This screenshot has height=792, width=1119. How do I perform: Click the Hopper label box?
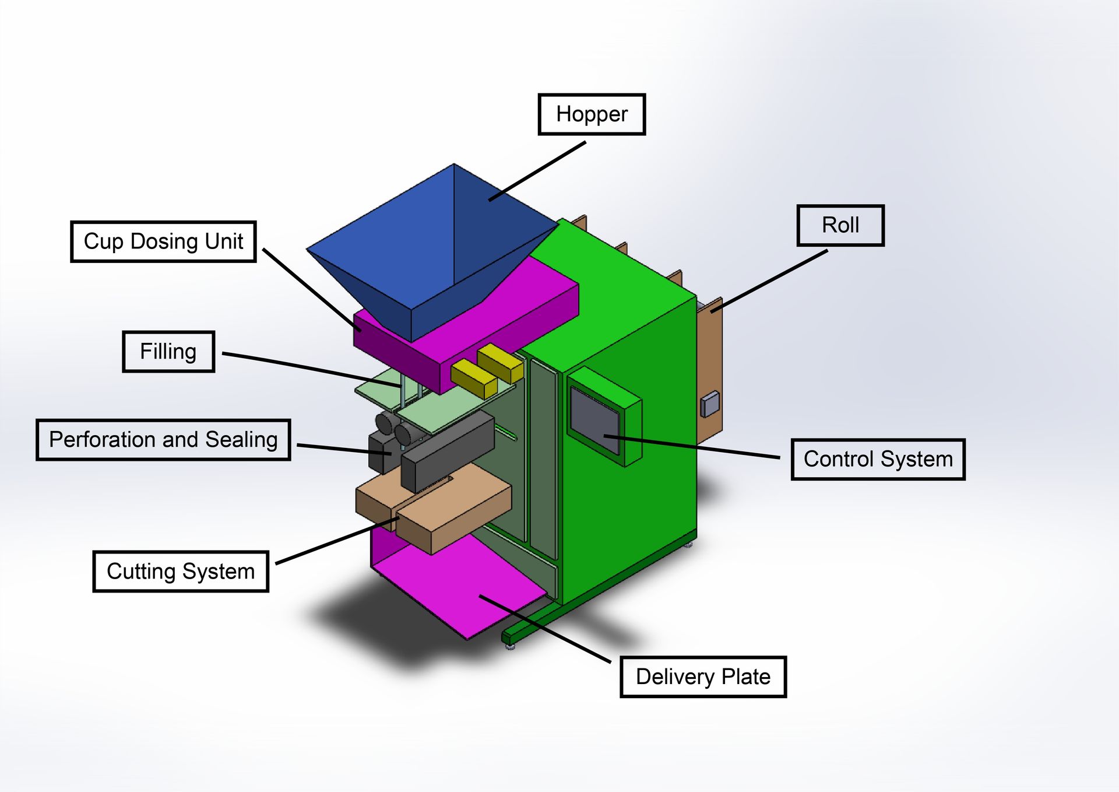pos(592,114)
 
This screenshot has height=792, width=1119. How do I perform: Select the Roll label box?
pos(840,225)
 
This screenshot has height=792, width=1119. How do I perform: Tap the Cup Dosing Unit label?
pos(163,241)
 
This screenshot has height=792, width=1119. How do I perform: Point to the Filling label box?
pos(168,352)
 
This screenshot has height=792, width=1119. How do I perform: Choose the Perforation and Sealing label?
pos(163,440)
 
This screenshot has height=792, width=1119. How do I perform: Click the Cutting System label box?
pos(181,572)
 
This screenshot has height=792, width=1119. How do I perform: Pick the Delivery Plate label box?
pos(703,677)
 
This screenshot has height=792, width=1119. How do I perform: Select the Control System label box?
pos(878,459)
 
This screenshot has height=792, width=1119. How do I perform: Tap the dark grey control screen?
pos(594,420)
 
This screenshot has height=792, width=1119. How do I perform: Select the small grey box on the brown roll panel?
pos(710,404)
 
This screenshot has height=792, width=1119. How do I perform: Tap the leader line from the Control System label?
pos(694,447)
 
